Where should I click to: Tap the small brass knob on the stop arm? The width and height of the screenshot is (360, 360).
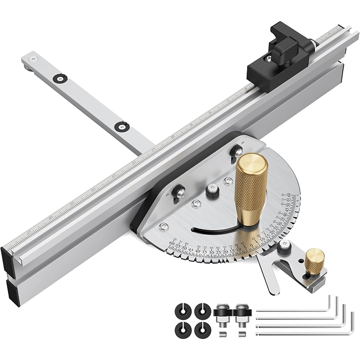coord(315,261)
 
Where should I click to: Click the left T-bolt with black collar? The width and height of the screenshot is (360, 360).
coord(221,315)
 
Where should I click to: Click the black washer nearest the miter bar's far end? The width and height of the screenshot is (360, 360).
coord(59,78)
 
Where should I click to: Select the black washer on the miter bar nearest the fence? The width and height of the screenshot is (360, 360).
coord(120,127)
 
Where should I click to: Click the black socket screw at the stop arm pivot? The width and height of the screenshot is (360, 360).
coord(283,246)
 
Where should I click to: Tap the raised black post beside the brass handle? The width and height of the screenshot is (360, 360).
coord(212,191)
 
